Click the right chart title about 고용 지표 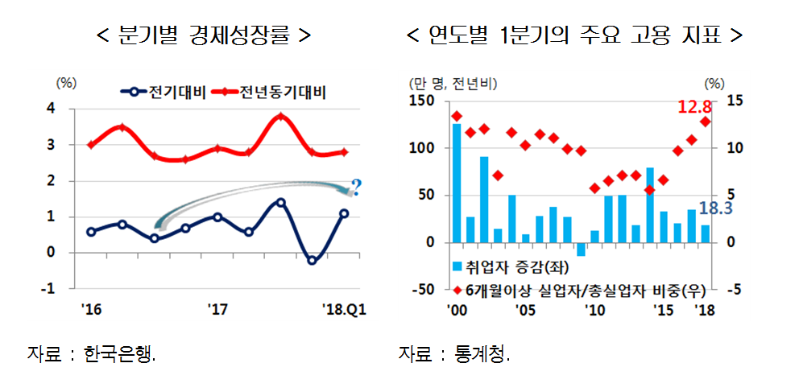click(x=574, y=36)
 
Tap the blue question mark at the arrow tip click(x=356, y=188)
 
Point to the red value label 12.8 click(x=694, y=107)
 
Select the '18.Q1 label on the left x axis click(x=343, y=307)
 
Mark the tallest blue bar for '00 click(x=457, y=183)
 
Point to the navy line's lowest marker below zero click(x=312, y=260)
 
